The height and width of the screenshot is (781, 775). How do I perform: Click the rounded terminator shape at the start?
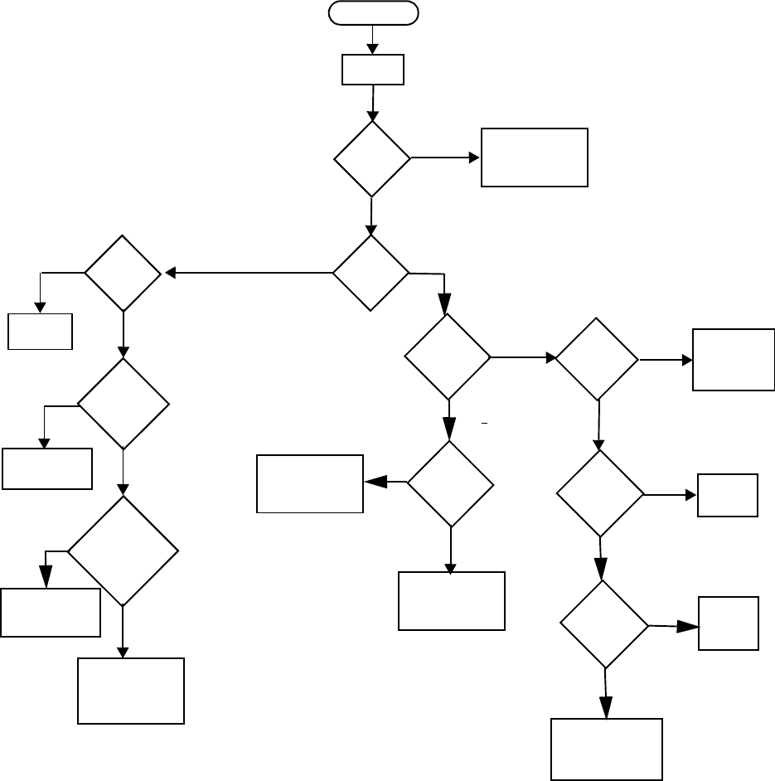point(374,12)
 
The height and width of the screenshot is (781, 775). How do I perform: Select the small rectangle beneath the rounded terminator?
point(373,70)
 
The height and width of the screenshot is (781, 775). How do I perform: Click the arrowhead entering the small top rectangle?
point(373,50)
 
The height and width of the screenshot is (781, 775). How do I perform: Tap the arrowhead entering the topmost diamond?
point(373,117)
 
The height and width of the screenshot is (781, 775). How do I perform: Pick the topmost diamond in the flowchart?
point(372,159)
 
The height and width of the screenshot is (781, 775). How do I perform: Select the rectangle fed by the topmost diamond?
point(535,158)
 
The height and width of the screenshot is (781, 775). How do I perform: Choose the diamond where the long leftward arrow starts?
point(371,273)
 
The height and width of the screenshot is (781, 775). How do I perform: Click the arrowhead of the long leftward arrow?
point(171,273)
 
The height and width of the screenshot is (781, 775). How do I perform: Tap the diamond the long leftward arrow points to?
point(123,273)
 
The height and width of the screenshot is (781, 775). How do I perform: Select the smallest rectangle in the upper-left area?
point(41,331)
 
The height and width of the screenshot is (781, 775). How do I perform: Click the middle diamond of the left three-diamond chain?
point(124,404)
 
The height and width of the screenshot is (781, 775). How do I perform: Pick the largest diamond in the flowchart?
point(123,551)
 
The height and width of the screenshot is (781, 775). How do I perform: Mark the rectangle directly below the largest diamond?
point(131,691)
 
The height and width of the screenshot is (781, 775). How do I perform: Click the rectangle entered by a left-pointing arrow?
point(310,483)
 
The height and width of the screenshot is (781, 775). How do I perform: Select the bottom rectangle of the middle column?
point(452,601)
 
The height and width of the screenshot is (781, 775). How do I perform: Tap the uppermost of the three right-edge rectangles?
point(733,359)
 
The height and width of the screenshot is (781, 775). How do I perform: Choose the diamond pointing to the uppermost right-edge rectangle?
point(597,359)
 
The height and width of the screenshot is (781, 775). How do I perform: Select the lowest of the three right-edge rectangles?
point(729,623)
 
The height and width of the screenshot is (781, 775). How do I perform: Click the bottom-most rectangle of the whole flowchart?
point(607,749)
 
